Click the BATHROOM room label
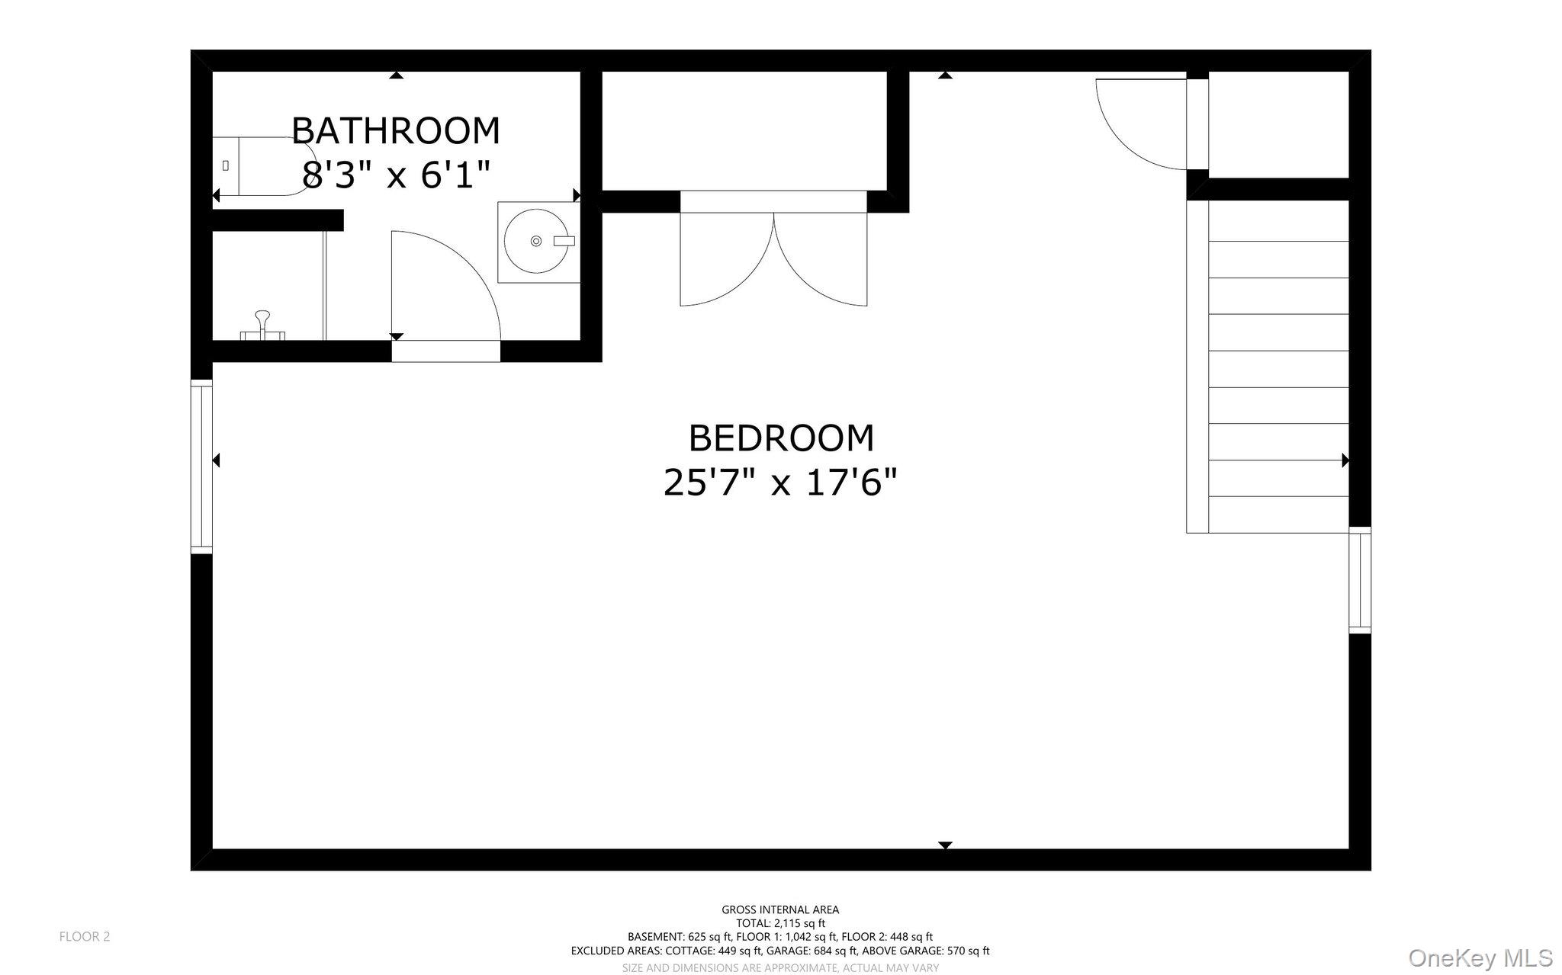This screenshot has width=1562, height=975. [395, 131]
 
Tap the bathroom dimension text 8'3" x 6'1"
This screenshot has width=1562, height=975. [395, 175]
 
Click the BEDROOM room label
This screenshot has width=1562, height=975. [781, 438]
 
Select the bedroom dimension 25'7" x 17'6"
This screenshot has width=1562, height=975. [781, 483]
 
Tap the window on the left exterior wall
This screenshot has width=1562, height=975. [201, 467]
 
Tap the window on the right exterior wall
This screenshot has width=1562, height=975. [1360, 580]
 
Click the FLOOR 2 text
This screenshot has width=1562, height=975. [85, 937]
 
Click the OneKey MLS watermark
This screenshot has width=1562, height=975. [1480, 957]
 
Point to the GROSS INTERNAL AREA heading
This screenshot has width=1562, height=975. [780, 909]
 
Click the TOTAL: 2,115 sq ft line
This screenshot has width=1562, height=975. [780, 923]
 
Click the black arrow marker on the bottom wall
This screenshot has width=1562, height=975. [945, 845]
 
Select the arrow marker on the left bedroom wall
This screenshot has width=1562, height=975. [217, 460]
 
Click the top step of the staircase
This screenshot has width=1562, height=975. [1278, 221]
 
